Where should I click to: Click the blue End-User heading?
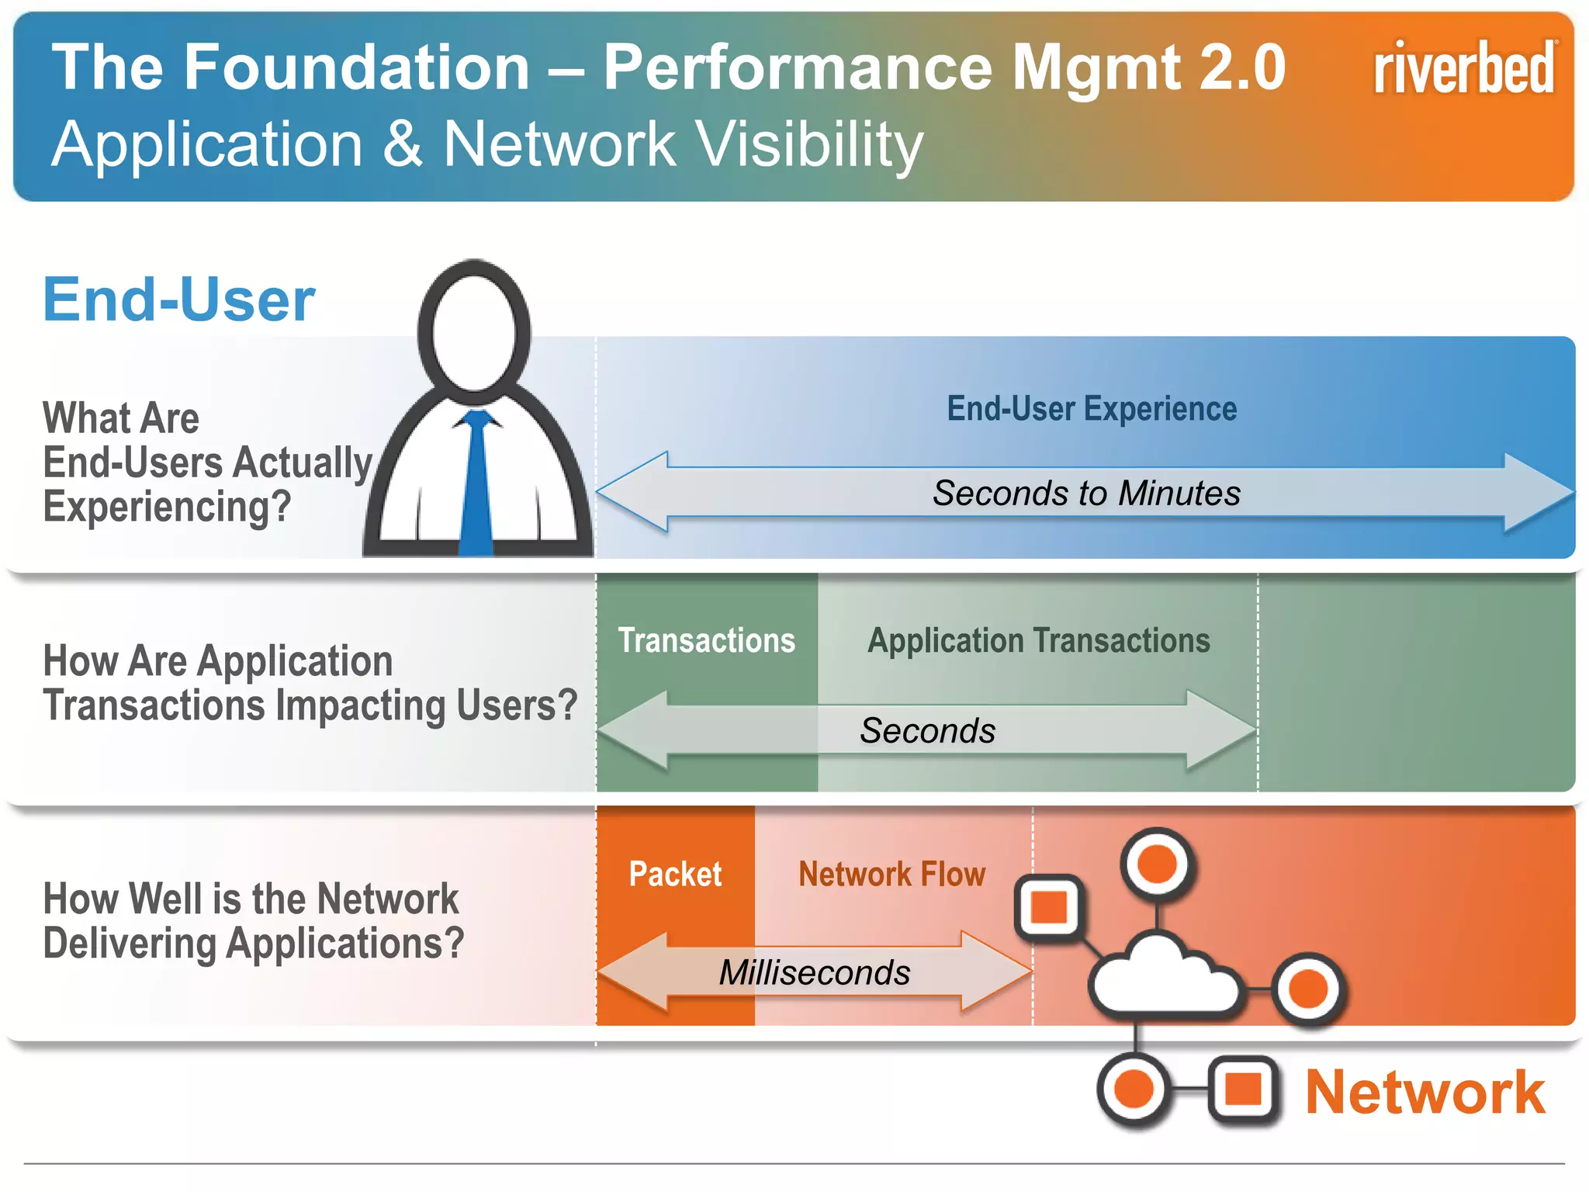[179, 300]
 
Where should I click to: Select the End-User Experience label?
[1092, 409]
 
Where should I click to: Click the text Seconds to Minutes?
[1086, 494]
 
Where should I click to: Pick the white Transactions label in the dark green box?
[706, 641]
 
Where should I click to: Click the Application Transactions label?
[1038, 641]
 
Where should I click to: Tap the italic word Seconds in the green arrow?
[927, 731]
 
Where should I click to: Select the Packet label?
[675, 875]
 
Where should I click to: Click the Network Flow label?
[891, 875]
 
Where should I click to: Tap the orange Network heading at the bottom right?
[1425, 1092]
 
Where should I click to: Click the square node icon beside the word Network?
[1243, 1089]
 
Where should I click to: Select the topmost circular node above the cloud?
[1157, 864]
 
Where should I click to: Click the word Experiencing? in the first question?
[167, 507]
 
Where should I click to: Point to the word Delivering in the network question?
[129, 944]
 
